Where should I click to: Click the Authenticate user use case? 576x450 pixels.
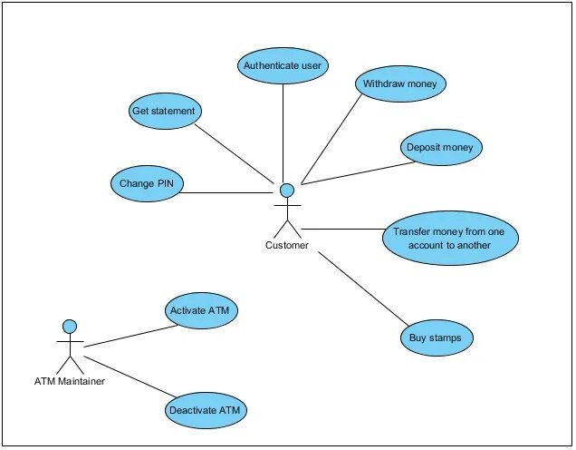[283, 65]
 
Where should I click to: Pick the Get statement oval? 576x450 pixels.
[163, 110]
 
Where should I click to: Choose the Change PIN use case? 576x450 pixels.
[146, 183]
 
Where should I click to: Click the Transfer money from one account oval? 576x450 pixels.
[449, 239]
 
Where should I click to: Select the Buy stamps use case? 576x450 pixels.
[437, 337]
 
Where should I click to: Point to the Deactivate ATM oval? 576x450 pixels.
[206, 410]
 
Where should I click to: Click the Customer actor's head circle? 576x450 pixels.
[287, 190]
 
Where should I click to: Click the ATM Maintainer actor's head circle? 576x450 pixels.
[69, 326]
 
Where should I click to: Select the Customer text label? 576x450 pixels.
[286, 245]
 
